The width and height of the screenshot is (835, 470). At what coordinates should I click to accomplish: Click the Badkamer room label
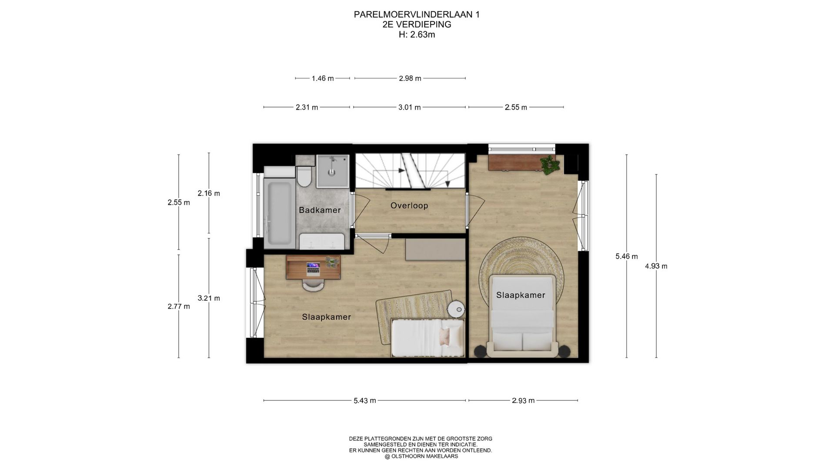(x=320, y=210)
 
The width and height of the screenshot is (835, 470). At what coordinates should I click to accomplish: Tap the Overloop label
(x=409, y=205)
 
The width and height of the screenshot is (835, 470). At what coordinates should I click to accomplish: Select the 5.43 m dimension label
(x=364, y=401)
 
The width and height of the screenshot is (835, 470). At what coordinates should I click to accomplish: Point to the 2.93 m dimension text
(x=523, y=401)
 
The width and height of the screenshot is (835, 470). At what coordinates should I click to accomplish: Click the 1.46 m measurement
(x=323, y=79)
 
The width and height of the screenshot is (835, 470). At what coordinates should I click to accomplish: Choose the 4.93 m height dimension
(x=656, y=266)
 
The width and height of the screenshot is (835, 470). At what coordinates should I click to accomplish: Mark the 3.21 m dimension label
(x=209, y=299)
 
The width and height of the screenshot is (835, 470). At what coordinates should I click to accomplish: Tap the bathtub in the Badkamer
(x=279, y=213)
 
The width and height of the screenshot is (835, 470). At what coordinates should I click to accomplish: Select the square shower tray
(x=333, y=171)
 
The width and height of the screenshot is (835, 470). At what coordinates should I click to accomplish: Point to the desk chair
(x=313, y=285)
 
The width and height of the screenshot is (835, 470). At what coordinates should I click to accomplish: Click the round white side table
(x=457, y=309)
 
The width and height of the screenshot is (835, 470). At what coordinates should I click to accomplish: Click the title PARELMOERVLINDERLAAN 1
(x=417, y=15)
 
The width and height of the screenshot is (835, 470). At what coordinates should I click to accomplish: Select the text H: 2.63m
(x=417, y=35)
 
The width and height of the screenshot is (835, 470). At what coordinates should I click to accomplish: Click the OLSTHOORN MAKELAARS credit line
(x=421, y=457)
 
